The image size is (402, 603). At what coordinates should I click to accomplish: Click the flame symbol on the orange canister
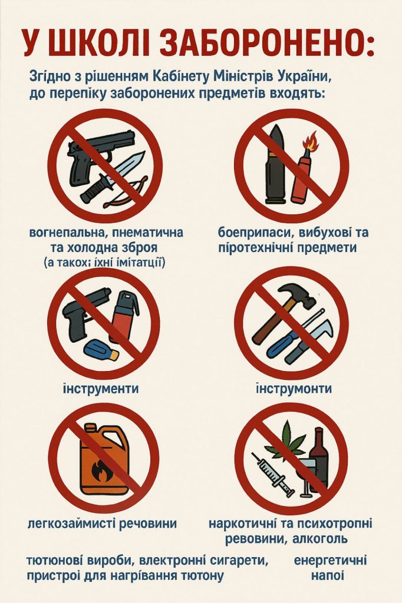pyautogui.click(x=101, y=469)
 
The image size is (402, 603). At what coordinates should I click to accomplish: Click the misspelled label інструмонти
pyautogui.click(x=294, y=389)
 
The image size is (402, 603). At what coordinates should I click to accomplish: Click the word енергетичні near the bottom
pyautogui.click(x=330, y=560)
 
